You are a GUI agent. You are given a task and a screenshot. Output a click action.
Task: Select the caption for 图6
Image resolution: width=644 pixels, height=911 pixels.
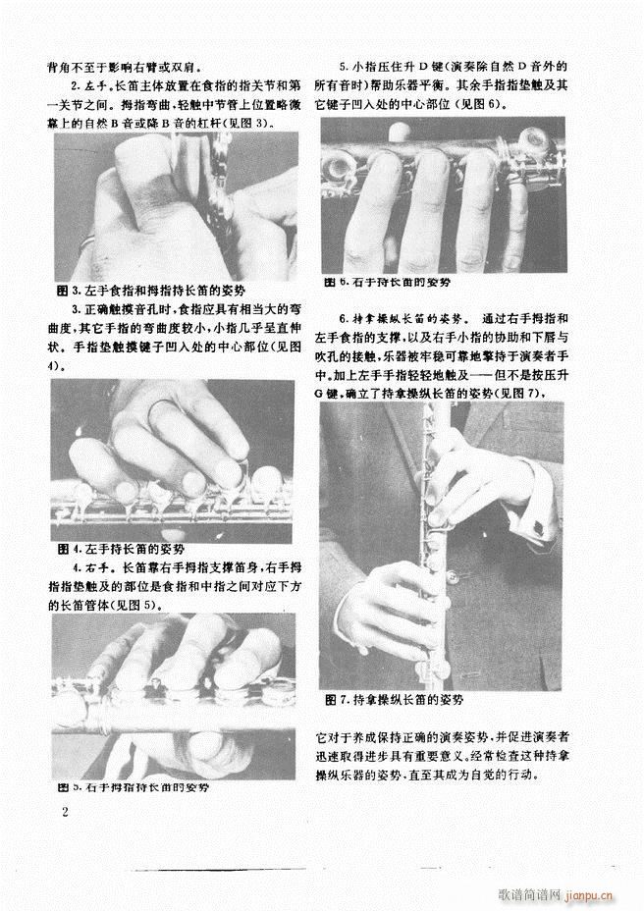pyautogui.click(x=389, y=282)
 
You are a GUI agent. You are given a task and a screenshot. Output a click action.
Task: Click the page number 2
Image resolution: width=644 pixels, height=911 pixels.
pyautogui.click(x=64, y=812)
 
